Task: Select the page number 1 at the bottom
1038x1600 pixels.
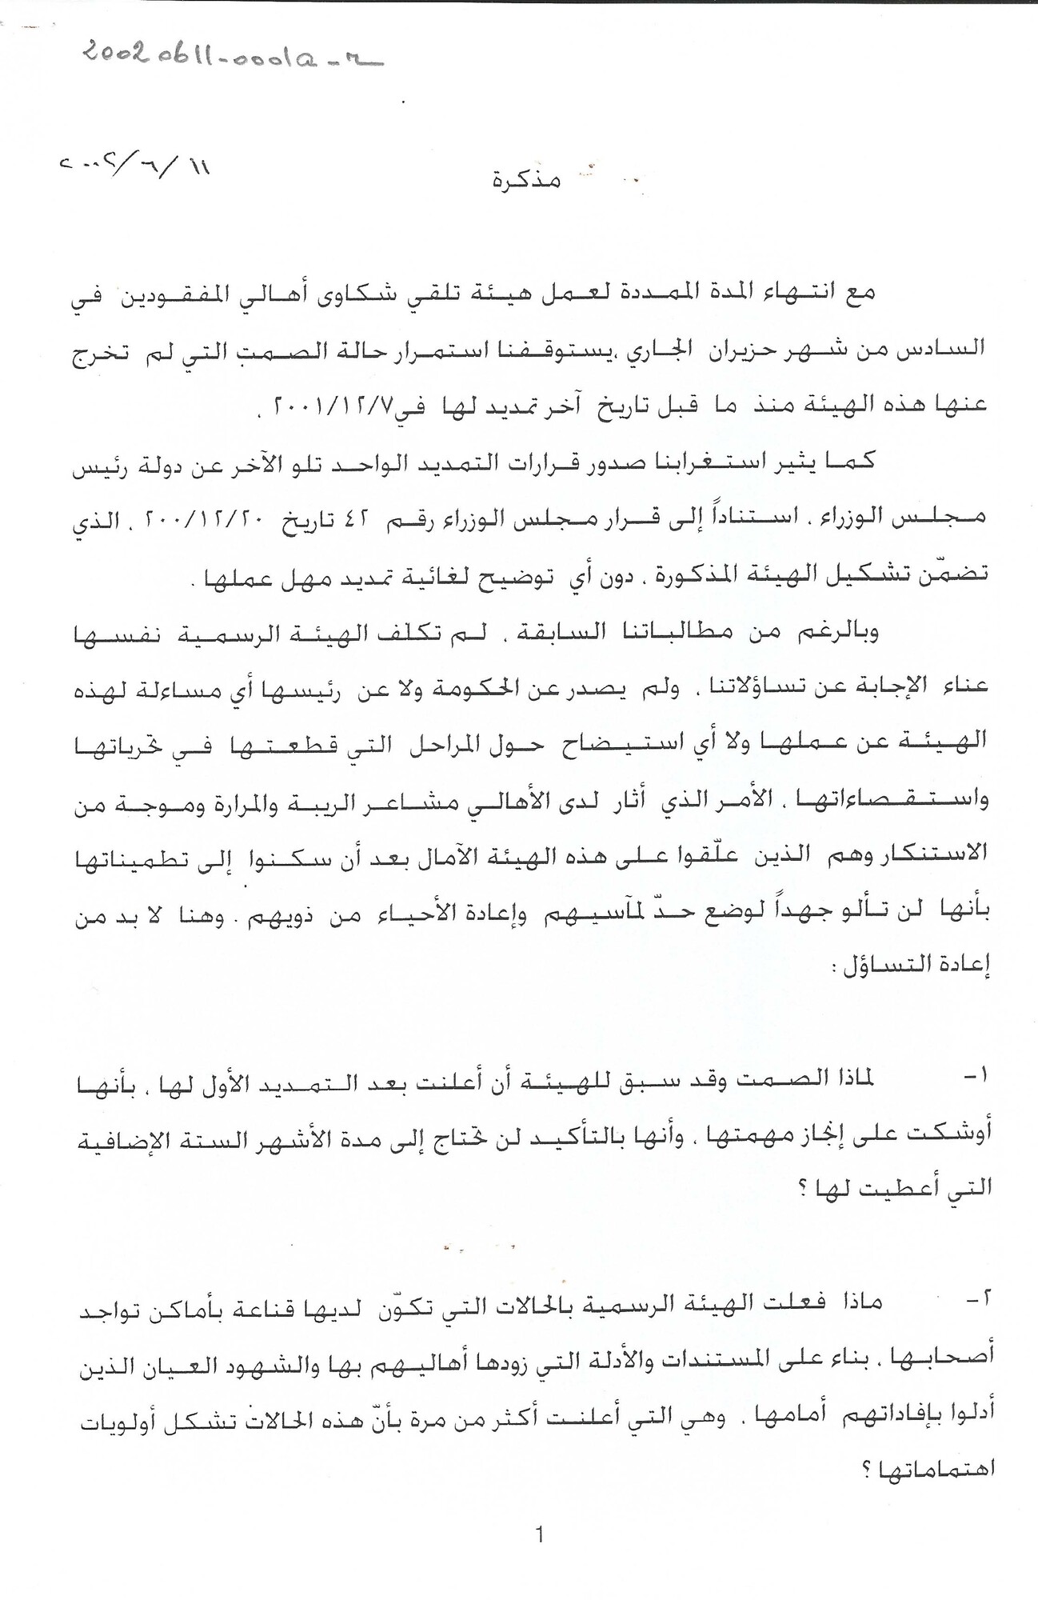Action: (540, 1534)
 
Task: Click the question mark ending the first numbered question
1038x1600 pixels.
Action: (802, 1189)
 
